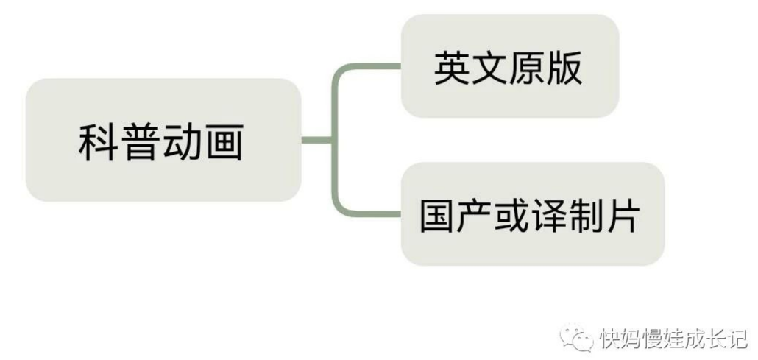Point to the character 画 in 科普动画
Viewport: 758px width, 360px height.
point(222,142)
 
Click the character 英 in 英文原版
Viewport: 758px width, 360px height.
point(451,68)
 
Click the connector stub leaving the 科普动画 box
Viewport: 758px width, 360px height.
point(315,140)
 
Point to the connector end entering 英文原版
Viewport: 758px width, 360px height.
point(394,66)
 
